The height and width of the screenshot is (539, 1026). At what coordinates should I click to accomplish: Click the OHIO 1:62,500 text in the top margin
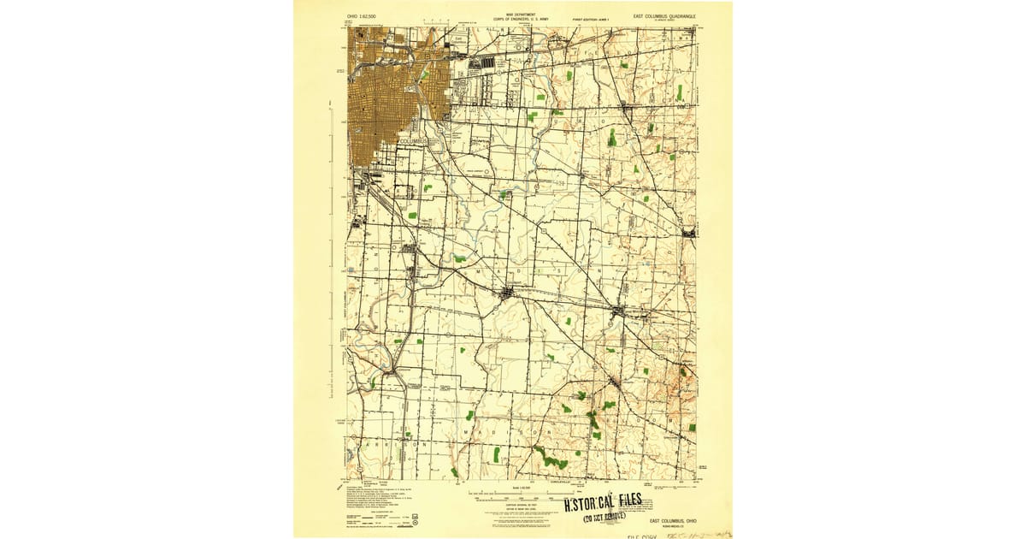[x=361, y=15]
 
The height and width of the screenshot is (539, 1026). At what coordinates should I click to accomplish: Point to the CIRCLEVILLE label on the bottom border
[x=565, y=483]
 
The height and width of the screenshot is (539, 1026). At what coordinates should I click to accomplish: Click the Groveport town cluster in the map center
[x=508, y=293]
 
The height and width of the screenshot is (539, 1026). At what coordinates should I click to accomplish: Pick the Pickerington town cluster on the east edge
[x=689, y=232]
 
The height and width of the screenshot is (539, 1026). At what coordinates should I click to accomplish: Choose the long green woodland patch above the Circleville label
[x=554, y=462]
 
